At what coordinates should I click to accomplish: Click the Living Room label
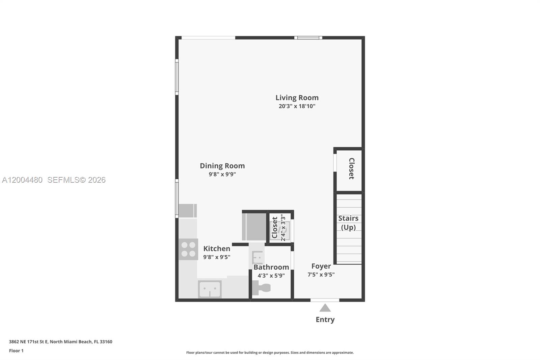(x=297, y=98)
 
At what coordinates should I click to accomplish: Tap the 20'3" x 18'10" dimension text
(x=297, y=106)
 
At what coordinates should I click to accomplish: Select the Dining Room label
(x=222, y=166)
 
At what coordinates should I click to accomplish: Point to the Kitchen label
(x=217, y=249)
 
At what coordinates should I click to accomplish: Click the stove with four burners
(x=188, y=249)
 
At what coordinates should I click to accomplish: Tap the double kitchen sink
(x=210, y=289)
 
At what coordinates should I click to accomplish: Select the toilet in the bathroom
(x=262, y=288)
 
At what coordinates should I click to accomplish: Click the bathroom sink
(x=258, y=258)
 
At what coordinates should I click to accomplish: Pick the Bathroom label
(x=271, y=267)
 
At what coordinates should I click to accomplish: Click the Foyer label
(x=321, y=266)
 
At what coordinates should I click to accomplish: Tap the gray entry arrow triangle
(x=325, y=308)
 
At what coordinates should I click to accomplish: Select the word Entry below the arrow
(x=325, y=319)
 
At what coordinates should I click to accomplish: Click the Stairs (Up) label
(x=348, y=223)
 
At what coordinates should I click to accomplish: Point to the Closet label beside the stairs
(x=351, y=169)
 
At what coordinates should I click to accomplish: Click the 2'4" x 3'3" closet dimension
(x=283, y=228)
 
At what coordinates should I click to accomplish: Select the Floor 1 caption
(x=16, y=351)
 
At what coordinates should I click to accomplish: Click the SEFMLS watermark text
(x=76, y=180)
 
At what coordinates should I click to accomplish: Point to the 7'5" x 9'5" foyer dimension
(x=321, y=275)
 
